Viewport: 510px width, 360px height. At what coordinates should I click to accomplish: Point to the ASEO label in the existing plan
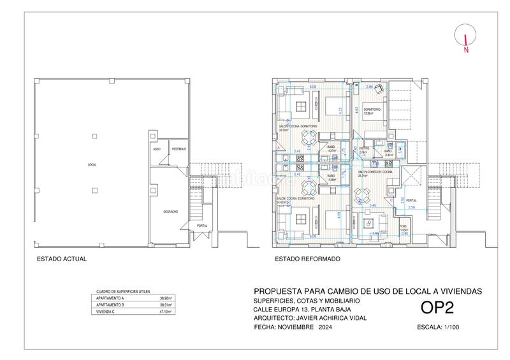tap(157, 148)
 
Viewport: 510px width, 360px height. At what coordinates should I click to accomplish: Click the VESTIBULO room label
tap(178, 148)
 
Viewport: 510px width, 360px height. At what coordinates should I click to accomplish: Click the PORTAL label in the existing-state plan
tap(202, 226)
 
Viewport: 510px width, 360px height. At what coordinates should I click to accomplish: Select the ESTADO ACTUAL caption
tap(61, 259)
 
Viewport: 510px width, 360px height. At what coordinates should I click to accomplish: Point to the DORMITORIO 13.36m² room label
tap(372, 112)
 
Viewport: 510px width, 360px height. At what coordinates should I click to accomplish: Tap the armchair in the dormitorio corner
tap(378, 89)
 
